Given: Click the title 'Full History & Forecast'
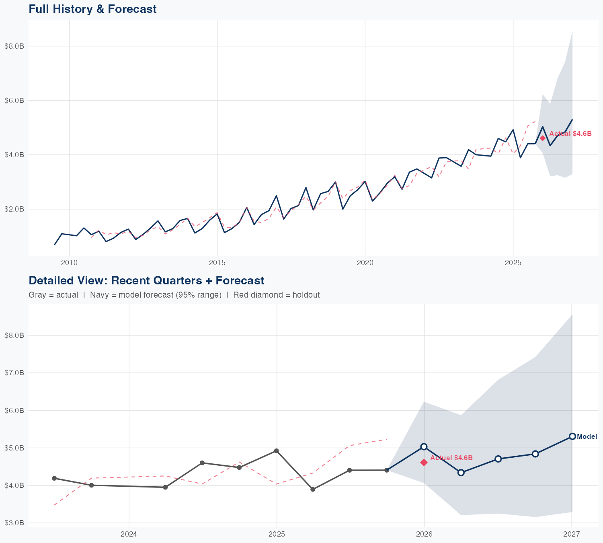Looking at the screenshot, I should (92, 9).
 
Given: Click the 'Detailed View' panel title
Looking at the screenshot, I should (146, 280).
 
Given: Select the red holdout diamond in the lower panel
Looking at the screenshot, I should (424, 463).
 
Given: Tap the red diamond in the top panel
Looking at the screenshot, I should (543, 138).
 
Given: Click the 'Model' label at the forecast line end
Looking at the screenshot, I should (587, 437).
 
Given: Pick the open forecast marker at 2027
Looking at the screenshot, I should (572, 436).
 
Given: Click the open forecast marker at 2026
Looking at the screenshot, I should (424, 446).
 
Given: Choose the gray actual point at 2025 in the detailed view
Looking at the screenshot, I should (276, 451).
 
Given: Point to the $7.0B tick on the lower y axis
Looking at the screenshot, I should (14, 373).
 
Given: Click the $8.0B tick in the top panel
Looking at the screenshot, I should (14, 46).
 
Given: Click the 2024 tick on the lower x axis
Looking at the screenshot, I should (129, 535).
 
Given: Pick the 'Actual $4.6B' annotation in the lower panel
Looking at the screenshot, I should (451, 458).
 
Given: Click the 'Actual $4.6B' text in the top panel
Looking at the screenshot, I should (570, 134).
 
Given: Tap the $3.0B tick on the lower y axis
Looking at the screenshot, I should (14, 523).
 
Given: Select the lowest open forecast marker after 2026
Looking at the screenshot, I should (461, 473).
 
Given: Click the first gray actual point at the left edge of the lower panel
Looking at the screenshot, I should (54, 478).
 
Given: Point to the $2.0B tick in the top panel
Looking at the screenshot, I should (14, 209).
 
